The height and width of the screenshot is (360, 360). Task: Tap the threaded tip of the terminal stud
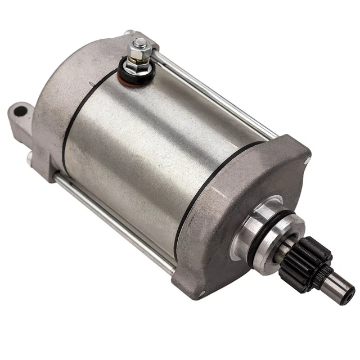[140, 42]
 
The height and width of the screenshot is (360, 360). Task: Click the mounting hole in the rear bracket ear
[20, 111]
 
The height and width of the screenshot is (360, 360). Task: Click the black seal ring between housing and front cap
[191, 202]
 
